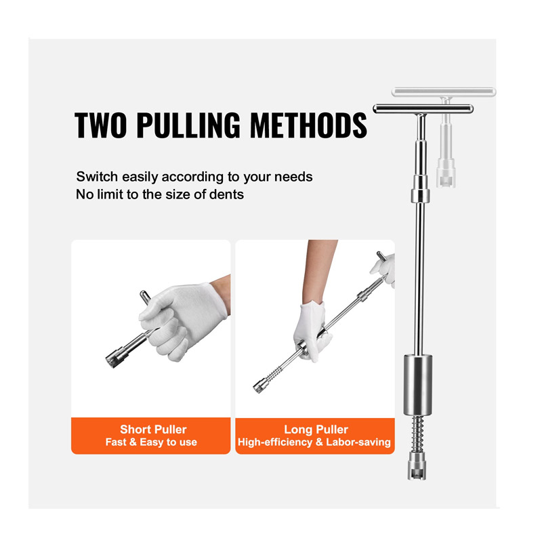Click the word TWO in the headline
[100, 125]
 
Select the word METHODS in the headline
[309, 125]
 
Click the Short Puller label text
[153, 430]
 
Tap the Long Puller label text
[316, 430]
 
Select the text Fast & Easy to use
[151, 442]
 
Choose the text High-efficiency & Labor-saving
[314, 442]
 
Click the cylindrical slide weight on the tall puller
[417, 385]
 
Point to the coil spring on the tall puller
[417, 433]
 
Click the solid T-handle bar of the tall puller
[423, 109]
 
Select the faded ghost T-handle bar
[444, 92]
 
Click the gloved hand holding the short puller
[182, 320]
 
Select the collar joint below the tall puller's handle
[420, 195]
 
